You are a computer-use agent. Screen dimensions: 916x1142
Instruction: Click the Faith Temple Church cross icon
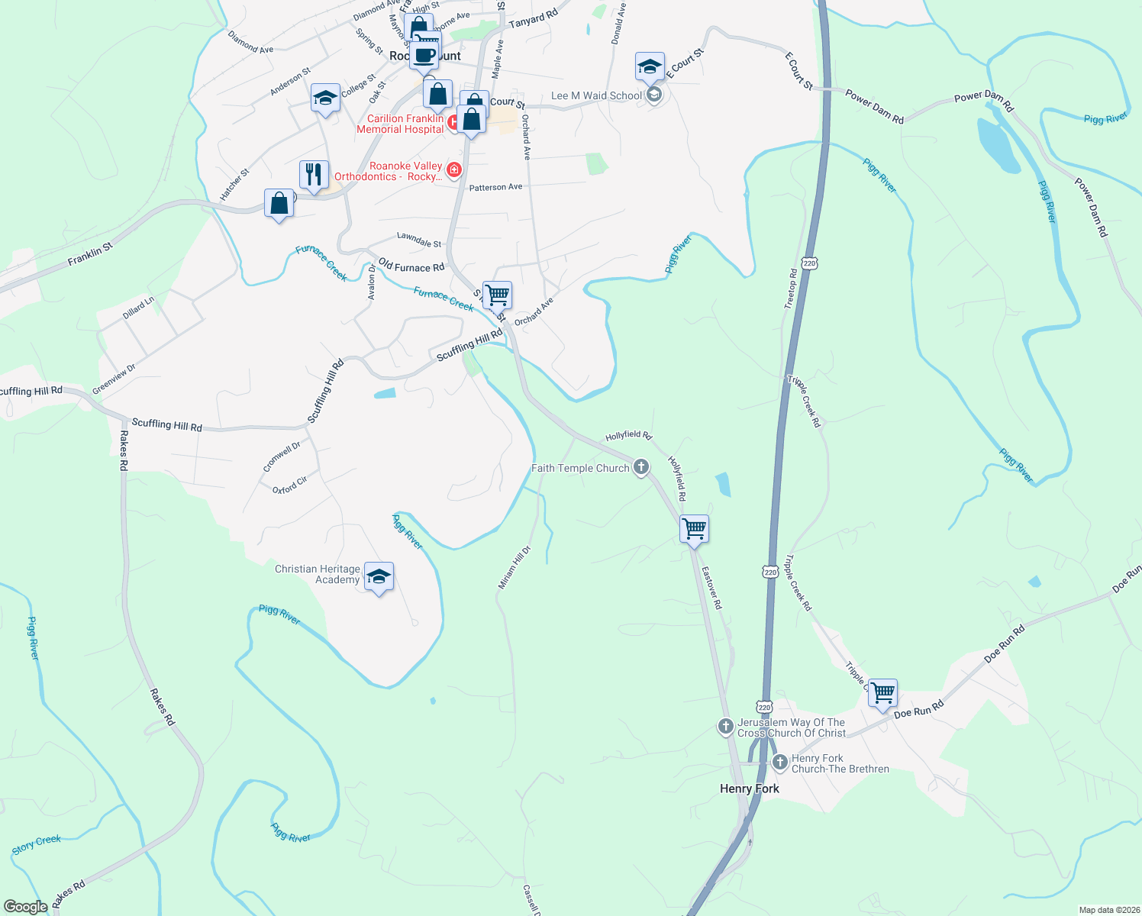point(641,467)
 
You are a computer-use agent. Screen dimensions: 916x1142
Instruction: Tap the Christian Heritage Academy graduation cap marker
point(379,576)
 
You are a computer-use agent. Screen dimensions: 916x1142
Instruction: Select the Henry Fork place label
point(749,789)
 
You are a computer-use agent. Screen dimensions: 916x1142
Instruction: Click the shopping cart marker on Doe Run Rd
point(882,693)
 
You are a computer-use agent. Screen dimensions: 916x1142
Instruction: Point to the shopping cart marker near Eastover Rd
point(695,528)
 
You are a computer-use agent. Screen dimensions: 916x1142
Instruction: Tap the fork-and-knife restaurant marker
point(314,175)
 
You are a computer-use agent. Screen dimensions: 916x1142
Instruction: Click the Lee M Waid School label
point(596,95)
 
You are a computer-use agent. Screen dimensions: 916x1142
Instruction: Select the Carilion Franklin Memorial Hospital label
point(401,124)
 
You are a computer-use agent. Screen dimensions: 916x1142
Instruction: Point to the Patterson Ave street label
point(495,187)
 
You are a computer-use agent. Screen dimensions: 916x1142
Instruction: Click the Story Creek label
point(37,844)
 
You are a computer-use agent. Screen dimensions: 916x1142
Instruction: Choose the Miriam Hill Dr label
point(514,568)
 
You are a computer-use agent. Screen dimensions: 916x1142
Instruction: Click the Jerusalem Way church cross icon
point(726,727)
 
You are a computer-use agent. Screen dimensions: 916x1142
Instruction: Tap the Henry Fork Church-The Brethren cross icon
point(779,762)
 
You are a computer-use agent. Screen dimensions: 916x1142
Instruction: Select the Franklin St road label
point(89,255)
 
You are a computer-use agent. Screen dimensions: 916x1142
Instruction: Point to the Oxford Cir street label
point(290,485)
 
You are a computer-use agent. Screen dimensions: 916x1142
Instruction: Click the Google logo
point(26,907)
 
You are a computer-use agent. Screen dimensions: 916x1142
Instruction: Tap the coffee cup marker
point(424,55)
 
